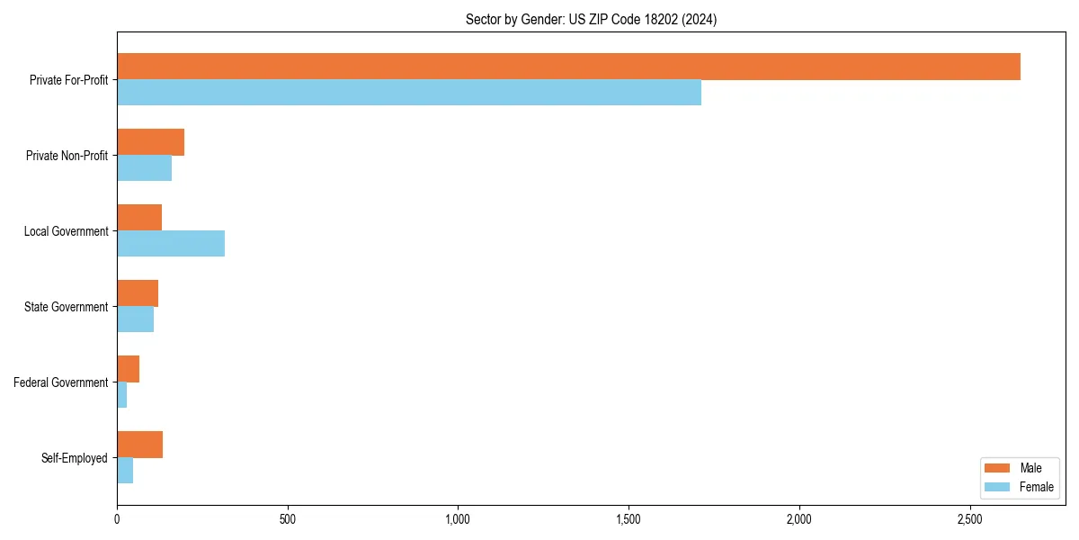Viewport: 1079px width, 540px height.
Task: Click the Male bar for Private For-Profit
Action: [x=568, y=67]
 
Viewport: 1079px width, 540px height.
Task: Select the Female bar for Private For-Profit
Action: [x=409, y=93]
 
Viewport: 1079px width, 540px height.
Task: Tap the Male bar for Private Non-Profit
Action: [x=150, y=142]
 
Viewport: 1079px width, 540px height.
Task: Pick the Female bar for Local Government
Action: [x=171, y=244]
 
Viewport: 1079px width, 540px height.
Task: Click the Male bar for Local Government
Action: [x=139, y=218]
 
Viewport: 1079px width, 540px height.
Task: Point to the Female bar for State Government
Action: [x=135, y=319]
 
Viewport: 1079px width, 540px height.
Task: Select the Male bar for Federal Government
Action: [x=128, y=369]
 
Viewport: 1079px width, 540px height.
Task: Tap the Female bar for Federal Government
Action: [x=122, y=395]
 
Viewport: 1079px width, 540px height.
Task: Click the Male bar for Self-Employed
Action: [x=139, y=445]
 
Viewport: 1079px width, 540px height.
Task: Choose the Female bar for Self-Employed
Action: [x=125, y=471]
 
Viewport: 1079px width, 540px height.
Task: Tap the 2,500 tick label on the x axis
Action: [x=969, y=519]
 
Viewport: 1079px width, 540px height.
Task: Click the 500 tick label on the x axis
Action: [x=288, y=519]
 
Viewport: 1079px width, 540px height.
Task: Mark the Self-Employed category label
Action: [x=75, y=458]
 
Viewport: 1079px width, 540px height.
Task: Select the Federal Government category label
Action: [x=61, y=382]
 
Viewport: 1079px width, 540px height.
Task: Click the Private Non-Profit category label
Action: [x=67, y=156]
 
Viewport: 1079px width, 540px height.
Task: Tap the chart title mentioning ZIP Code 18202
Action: [x=591, y=19]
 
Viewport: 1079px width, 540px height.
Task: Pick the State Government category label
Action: [x=67, y=307]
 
